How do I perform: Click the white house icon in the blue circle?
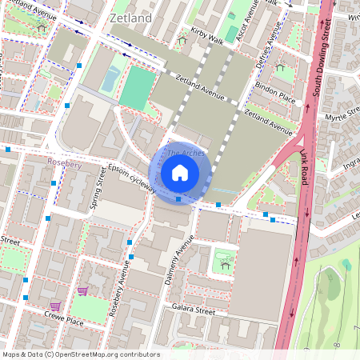(180, 172)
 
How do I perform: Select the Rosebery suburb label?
(65, 162)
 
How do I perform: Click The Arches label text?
(185, 153)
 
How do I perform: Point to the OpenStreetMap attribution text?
(80, 354)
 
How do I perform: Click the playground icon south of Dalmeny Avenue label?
(226, 261)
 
